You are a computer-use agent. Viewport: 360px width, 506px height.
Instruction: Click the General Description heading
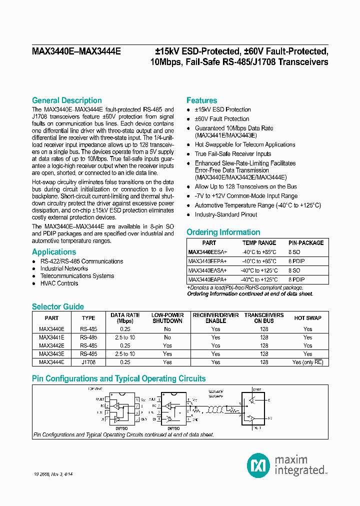pyautogui.click(x=66, y=100)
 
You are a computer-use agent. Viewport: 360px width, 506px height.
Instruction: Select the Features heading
pyautogui.click(x=201, y=100)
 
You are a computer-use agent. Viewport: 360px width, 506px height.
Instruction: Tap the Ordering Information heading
pyautogui.click(x=223, y=232)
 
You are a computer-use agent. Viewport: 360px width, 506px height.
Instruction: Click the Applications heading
pyautogui.click(x=54, y=252)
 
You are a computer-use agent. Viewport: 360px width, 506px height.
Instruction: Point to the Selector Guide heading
pyautogui.click(x=57, y=306)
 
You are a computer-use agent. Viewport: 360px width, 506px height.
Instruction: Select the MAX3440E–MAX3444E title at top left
pyautogui.click(x=76, y=51)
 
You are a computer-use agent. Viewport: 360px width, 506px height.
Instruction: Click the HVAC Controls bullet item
pyautogui.click(x=59, y=283)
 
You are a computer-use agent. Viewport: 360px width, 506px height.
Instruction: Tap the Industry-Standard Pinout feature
pyautogui.click(x=225, y=214)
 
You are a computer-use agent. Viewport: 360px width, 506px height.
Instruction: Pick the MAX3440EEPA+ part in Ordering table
pyautogui.click(x=207, y=261)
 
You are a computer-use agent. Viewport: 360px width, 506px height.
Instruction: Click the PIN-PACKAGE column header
pyautogui.click(x=306, y=243)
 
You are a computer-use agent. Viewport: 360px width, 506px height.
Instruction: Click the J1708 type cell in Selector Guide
pyautogui.click(x=88, y=362)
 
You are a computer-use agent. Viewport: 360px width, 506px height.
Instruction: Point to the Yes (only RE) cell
pyautogui.click(x=307, y=362)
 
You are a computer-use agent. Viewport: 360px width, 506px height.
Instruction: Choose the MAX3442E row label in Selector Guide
pyautogui.click(x=51, y=345)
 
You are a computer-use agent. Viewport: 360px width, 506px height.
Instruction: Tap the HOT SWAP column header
pyautogui.click(x=307, y=318)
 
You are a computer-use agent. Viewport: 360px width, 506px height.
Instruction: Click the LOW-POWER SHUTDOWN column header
pyautogui.click(x=167, y=318)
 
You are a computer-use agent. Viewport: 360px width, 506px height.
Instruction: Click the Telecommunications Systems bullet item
pyautogui.click(x=77, y=276)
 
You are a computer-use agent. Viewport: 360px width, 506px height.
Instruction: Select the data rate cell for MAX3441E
pyautogui.click(x=125, y=337)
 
